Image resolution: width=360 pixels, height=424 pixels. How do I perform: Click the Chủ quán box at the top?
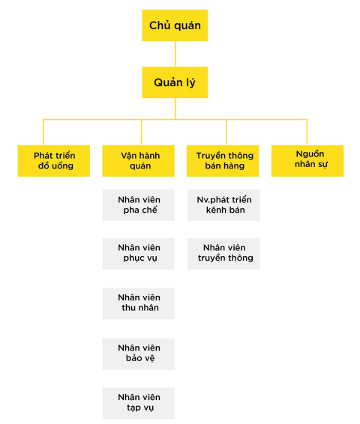[x=175, y=25]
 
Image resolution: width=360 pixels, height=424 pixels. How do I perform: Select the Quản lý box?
[x=175, y=82]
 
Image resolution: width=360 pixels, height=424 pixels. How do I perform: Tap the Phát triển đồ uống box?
[x=54, y=161]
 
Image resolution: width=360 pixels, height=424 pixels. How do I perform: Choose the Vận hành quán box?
[x=138, y=161]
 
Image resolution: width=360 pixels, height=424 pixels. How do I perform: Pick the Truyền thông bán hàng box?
[x=223, y=161]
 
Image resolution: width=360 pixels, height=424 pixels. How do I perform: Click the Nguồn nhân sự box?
[x=307, y=161]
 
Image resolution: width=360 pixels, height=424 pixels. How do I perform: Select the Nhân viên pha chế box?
[x=138, y=205]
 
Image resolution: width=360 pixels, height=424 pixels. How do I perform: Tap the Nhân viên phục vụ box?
[x=138, y=254]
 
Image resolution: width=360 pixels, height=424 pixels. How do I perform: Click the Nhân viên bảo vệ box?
[x=138, y=354]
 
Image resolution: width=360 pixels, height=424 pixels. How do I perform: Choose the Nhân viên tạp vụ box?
[x=138, y=404]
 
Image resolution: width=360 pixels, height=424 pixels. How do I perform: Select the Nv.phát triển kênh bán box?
[x=223, y=205]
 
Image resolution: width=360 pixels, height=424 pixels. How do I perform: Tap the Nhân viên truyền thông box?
[x=223, y=254]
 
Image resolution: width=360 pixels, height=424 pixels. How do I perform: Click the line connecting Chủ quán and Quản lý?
[x=175, y=54]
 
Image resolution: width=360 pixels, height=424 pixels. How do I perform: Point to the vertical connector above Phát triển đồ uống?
[x=43, y=132]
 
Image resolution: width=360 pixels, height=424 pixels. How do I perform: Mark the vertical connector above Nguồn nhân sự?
[x=307, y=132]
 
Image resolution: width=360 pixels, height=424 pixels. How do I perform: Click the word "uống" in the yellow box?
[x=62, y=166]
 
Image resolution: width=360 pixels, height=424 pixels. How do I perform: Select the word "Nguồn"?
[x=310, y=154]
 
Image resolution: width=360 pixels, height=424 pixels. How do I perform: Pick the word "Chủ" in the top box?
[x=157, y=25]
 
